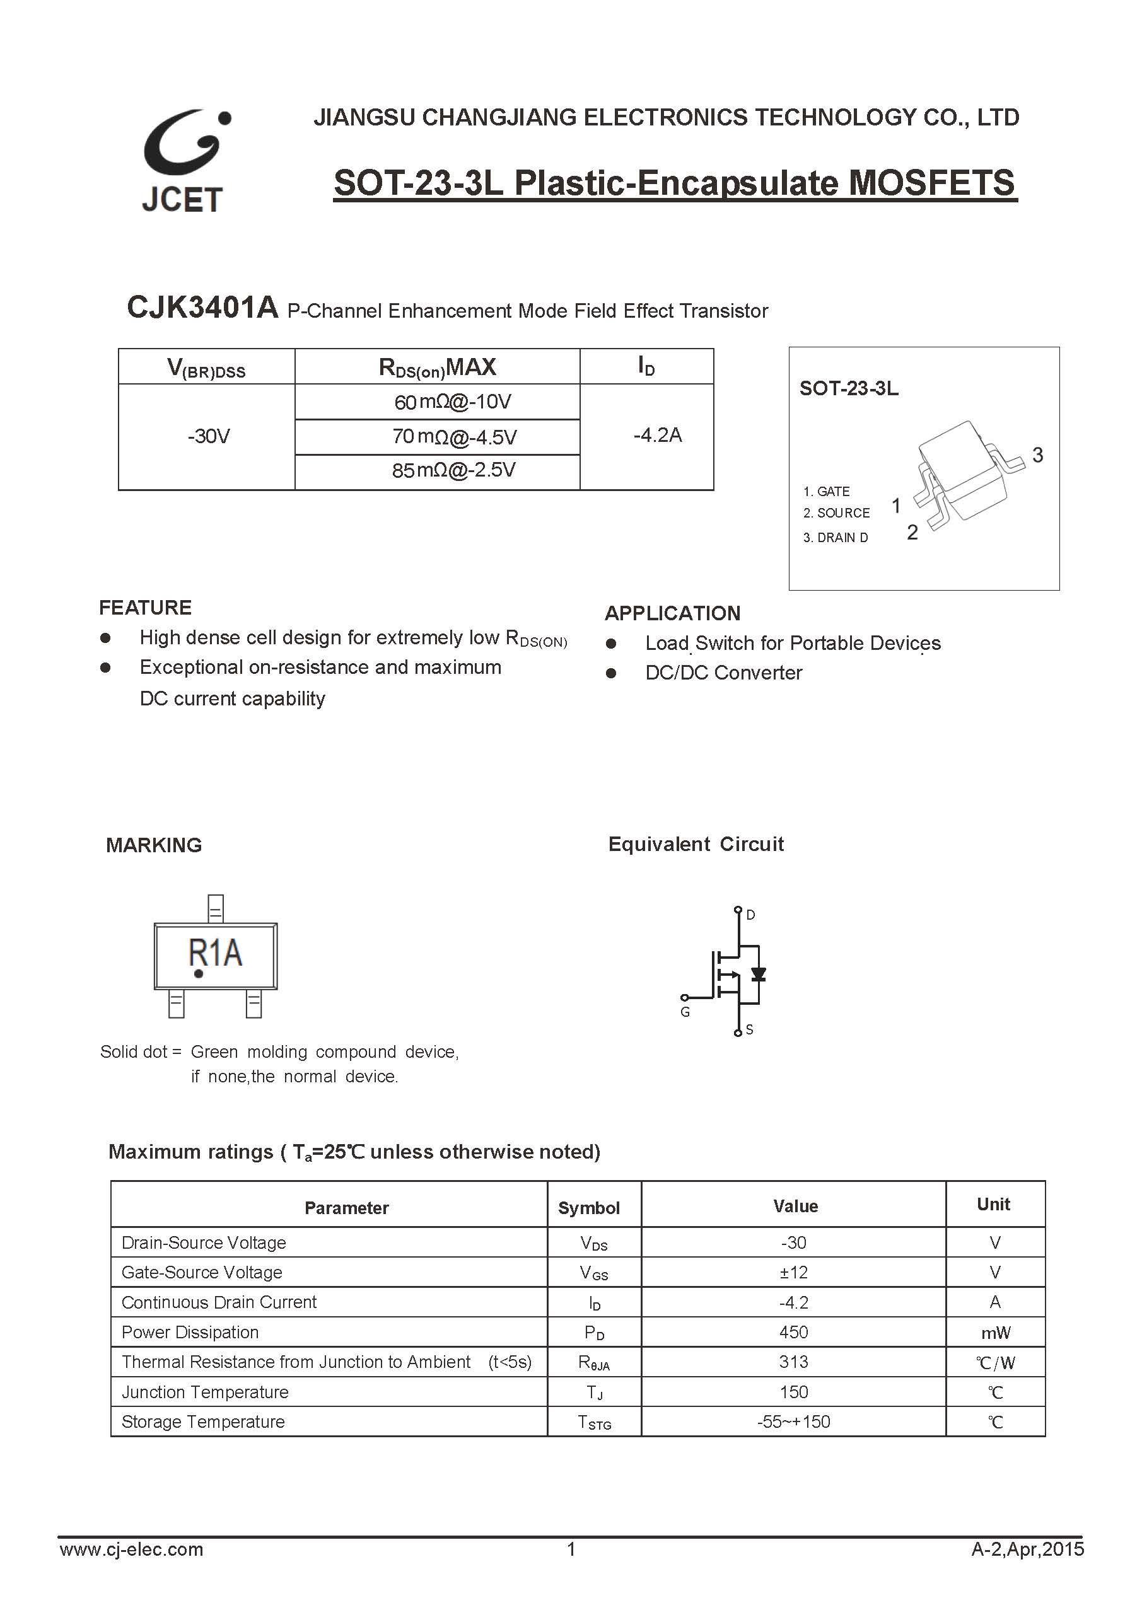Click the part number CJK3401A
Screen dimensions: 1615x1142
(202, 308)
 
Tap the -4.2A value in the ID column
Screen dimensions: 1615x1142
(657, 436)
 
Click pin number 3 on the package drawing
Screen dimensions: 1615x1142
(1037, 455)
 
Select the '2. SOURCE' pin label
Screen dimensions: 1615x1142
(836, 512)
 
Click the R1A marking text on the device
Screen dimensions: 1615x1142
(215, 953)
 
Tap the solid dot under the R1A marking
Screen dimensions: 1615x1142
(199, 973)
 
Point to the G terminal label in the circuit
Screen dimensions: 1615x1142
(685, 1012)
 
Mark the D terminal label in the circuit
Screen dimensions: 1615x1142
(751, 915)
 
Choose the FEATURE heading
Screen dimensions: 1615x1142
(145, 607)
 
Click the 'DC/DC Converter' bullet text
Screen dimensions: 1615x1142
(723, 673)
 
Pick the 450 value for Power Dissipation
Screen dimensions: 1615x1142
(793, 1331)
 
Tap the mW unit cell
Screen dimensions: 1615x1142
(995, 1332)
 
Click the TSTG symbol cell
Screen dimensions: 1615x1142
(594, 1421)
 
